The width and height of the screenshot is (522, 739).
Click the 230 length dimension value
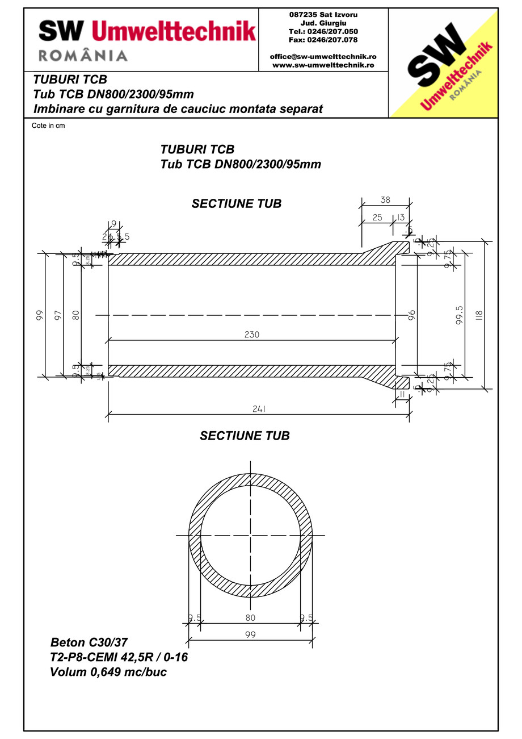coord(252,335)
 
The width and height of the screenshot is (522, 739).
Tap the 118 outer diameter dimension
coord(479,314)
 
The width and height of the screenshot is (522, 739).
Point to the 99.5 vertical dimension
coord(458,314)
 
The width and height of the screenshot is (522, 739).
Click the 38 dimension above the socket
coord(385,200)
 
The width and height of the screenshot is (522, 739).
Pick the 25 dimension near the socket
coord(377,218)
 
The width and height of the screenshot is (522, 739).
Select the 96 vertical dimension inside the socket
coord(412,315)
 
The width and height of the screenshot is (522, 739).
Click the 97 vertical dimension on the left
coord(57,315)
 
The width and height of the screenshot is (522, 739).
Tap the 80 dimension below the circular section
coord(250,617)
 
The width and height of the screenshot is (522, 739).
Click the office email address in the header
coord(323,57)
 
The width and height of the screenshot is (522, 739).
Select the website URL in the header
coord(323,65)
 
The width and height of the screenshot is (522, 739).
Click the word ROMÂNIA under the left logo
coord(83,55)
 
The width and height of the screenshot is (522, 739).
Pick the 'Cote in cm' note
coord(48,126)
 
